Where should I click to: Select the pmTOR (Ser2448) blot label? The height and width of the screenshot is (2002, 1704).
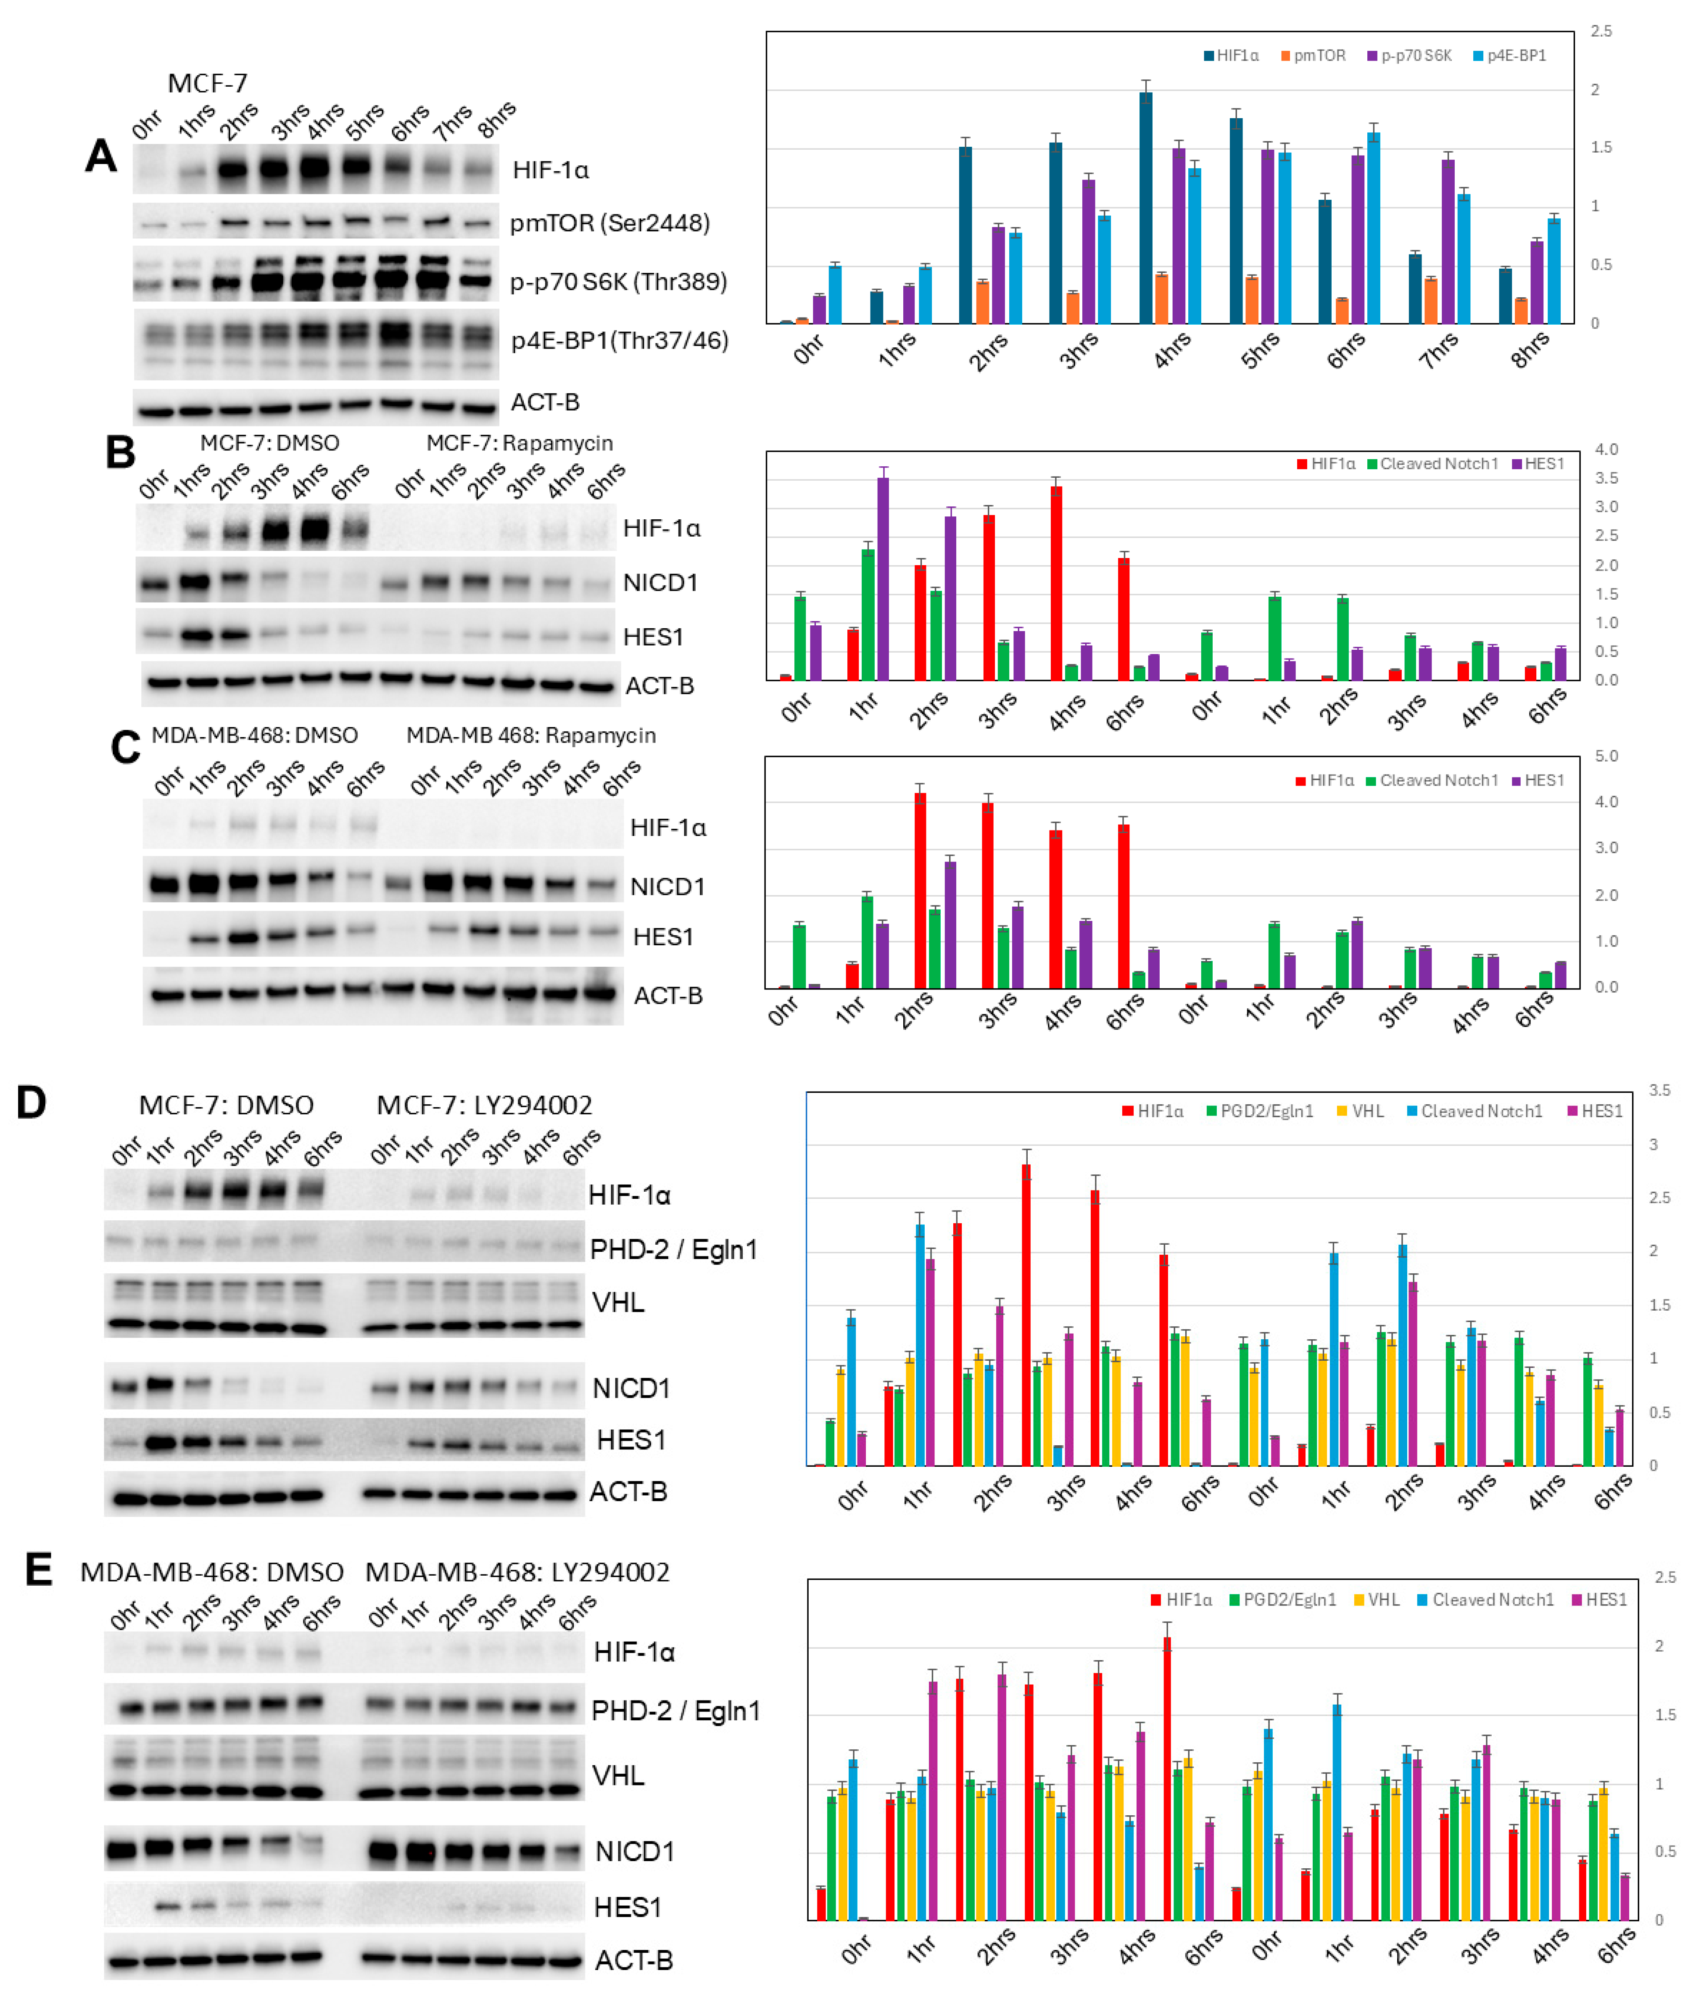[609, 223]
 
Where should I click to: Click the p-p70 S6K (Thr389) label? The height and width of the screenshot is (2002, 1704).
[618, 282]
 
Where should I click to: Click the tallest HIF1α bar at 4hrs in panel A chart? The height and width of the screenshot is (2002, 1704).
[1146, 208]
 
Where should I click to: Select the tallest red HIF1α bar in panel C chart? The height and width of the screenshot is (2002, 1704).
[921, 889]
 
